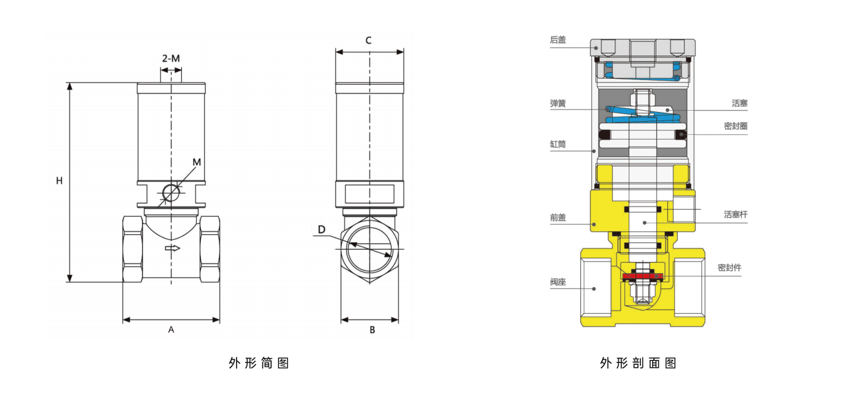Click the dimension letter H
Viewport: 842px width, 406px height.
tap(60, 181)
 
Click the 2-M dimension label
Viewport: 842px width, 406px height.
tap(171, 58)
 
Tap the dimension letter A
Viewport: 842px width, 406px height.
tap(171, 330)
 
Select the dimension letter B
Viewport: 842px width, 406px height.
tap(372, 330)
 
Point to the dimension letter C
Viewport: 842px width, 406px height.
tap(369, 41)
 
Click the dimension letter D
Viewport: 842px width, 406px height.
tap(321, 229)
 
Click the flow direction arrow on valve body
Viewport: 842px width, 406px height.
tap(173, 248)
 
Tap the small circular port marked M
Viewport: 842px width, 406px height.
tap(171, 193)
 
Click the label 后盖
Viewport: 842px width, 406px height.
tap(558, 40)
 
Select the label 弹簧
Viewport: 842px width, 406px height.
tap(558, 103)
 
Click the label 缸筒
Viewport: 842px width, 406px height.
tap(558, 145)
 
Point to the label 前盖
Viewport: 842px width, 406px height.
tap(558, 217)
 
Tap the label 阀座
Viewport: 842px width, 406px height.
tap(558, 282)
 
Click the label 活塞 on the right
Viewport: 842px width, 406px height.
tap(739, 103)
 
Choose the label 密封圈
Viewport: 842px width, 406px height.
tap(735, 126)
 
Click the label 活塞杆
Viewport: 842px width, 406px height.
tap(735, 215)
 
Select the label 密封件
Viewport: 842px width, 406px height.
tap(730, 268)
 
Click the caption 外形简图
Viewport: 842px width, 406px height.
tap(259, 363)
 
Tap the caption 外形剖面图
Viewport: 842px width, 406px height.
tap(638, 363)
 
